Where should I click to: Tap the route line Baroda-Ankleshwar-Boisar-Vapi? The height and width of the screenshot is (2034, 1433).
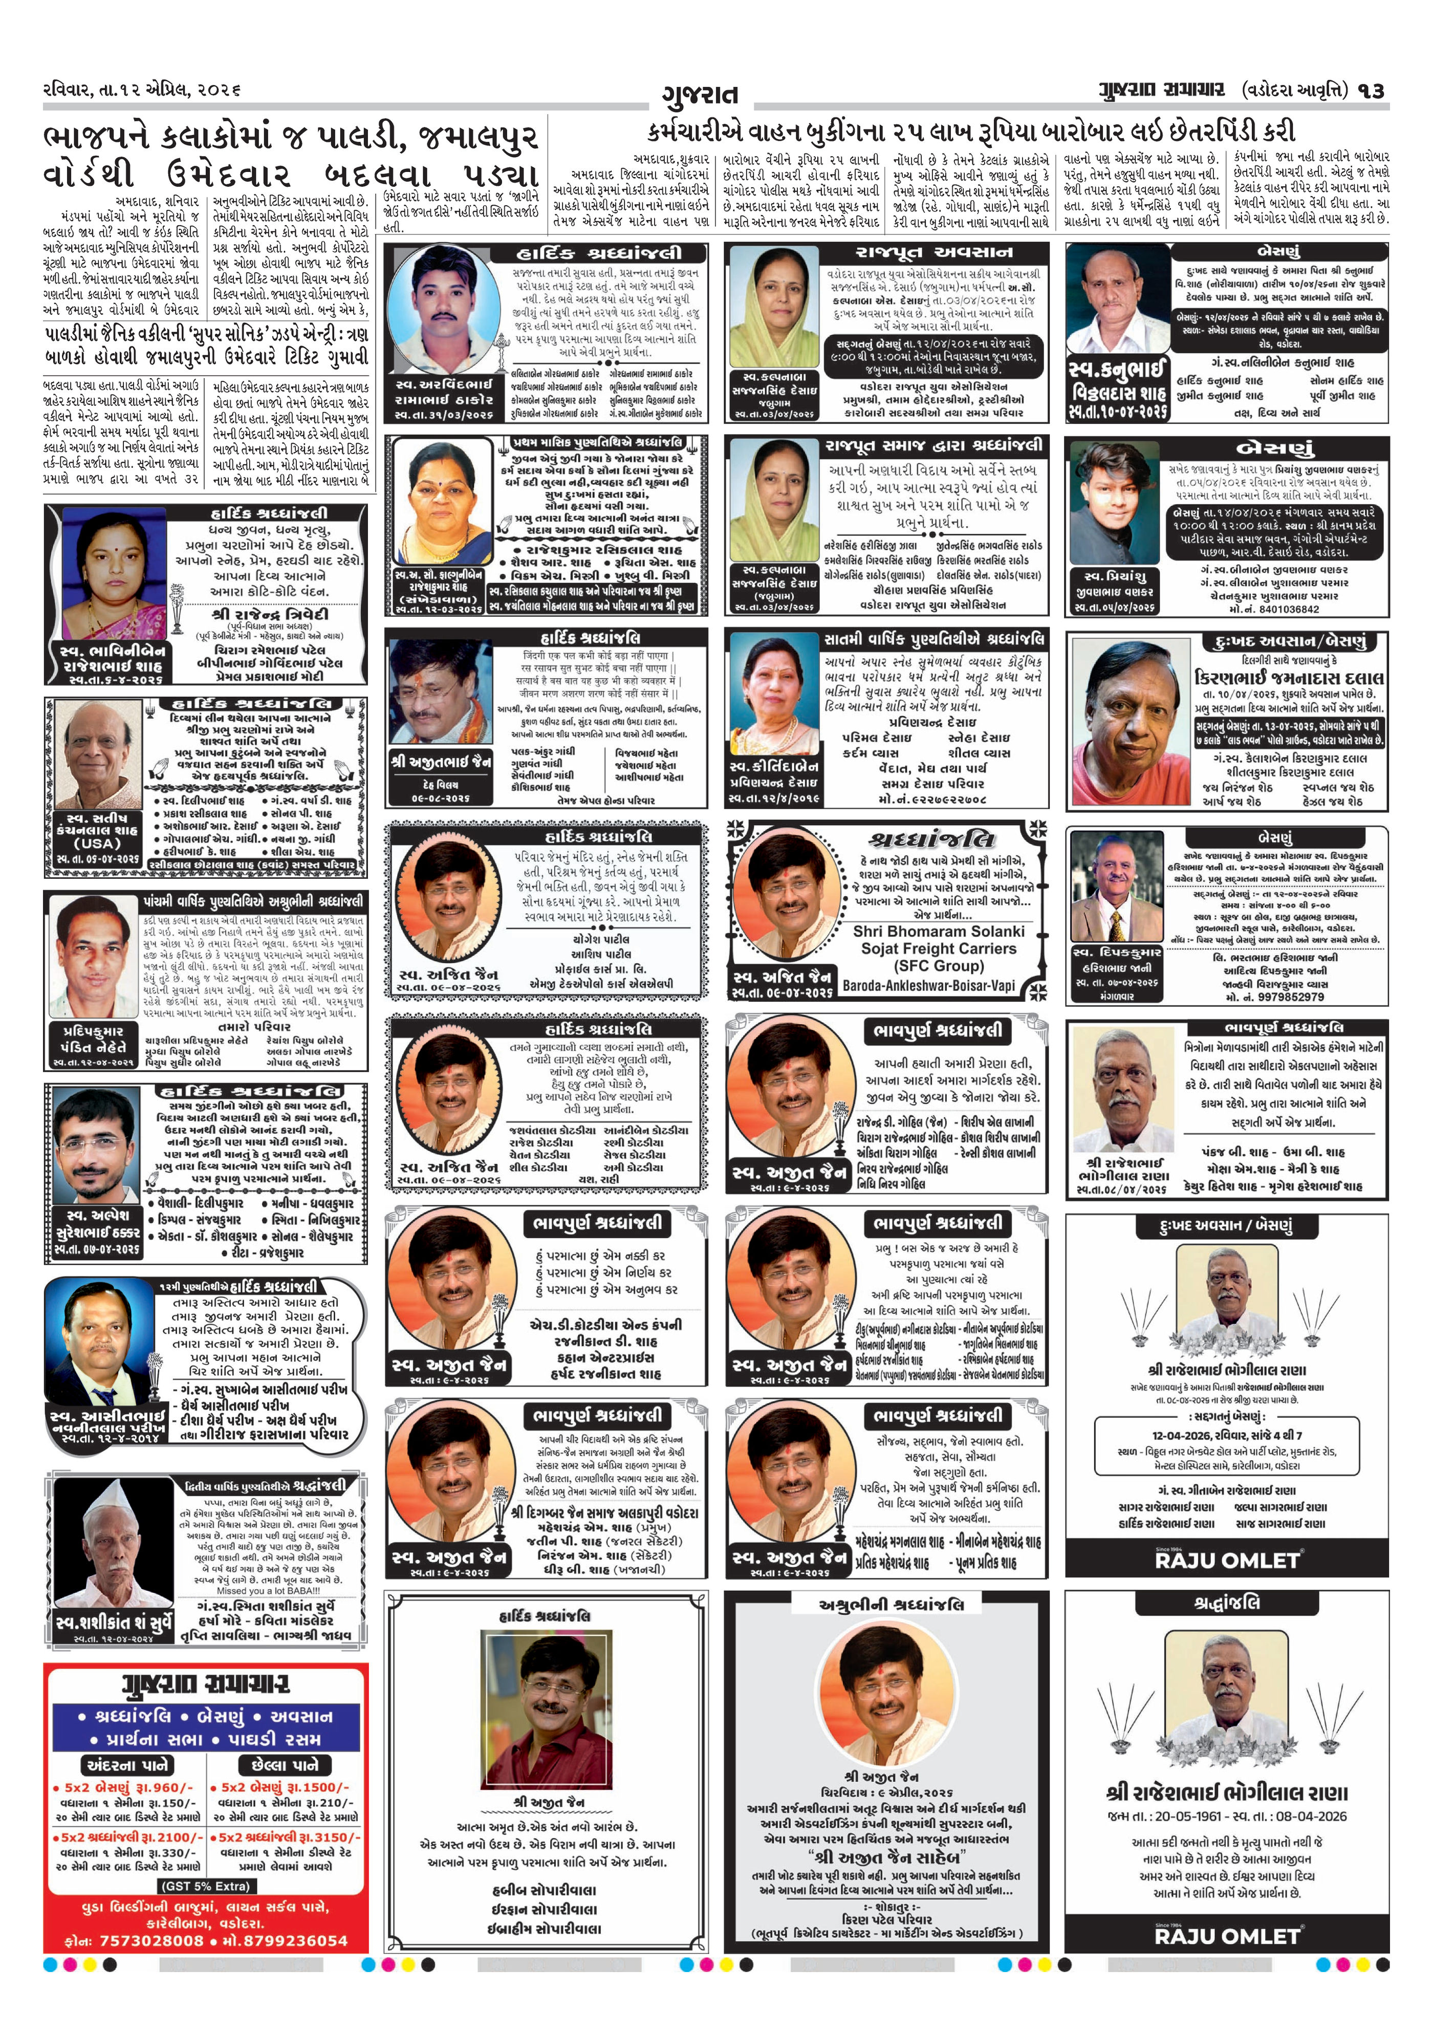(928, 986)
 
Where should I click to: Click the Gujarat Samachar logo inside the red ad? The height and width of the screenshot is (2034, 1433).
(205, 1684)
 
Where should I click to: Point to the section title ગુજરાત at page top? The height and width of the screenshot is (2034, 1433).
(700, 94)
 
